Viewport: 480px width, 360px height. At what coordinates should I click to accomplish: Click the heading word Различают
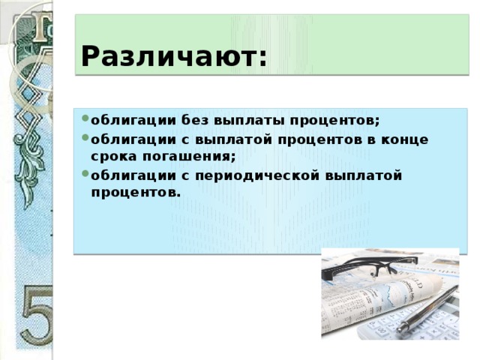coord(169,57)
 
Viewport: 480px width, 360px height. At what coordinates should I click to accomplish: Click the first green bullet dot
coord(85,118)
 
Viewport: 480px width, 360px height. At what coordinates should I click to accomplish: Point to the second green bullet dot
coord(85,137)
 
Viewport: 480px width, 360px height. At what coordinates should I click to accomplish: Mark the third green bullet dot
coord(85,173)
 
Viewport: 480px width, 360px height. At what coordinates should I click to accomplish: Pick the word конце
coord(404,140)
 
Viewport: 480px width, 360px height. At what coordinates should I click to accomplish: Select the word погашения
coord(188,157)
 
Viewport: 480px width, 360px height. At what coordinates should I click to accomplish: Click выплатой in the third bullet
coord(363,176)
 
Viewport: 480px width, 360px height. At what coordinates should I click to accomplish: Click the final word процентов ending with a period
coord(134,193)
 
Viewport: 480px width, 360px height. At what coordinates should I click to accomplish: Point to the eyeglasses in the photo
coord(369,265)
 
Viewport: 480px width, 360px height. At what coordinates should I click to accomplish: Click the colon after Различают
coord(262,58)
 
